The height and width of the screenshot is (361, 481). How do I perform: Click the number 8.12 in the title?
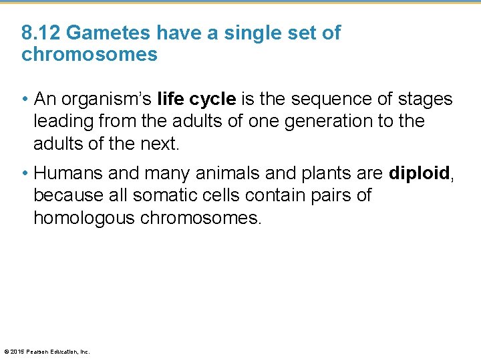pyautogui.click(x=41, y=33)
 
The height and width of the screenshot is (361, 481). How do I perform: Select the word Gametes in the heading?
pyautogui.click(x=106, y=33)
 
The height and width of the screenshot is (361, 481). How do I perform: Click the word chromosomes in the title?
pyautogui.click(x=90, y=54)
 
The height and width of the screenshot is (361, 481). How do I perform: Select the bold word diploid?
pyautogui.click(x=419, y=174)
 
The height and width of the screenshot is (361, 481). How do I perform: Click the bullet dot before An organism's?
pyautogui.click(x=25, y=100)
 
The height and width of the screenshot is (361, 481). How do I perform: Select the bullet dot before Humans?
pyautogui.click(x=25, y=174)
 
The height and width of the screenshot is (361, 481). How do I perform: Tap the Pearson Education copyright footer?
pyautogui.click(x=47, y=352)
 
